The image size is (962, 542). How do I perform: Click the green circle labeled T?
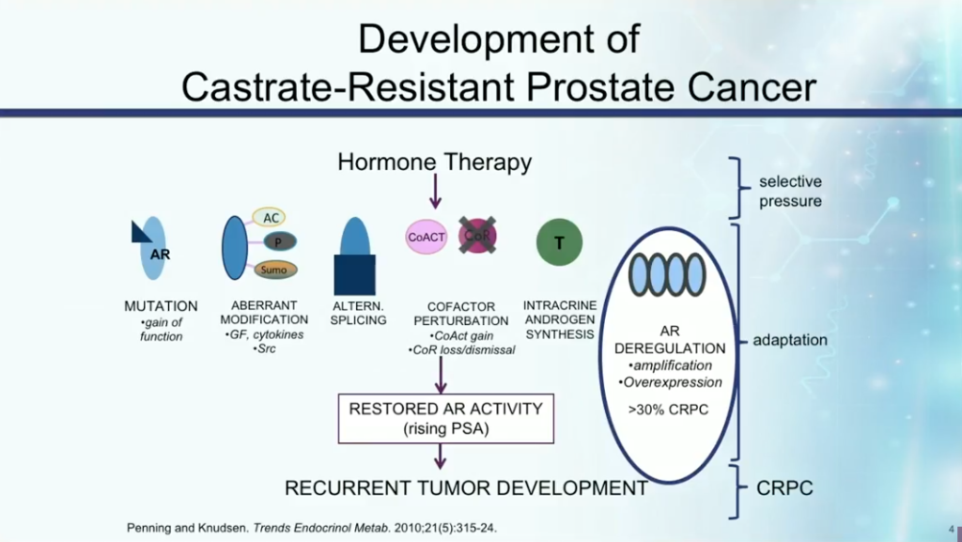tap(559, 242)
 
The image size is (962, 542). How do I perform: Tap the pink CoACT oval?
tap(426, 238)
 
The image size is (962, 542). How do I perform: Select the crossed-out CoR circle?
tap(477, 236)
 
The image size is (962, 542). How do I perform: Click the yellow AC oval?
tap(272, 218)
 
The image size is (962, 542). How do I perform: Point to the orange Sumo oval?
tap(274, 270)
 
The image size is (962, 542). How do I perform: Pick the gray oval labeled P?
tap(278, 242)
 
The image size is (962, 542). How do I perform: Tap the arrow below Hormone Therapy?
tap(434, 192)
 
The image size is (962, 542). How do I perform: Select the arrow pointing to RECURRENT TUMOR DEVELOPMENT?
tap(440, 457)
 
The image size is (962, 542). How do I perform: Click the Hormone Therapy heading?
tap(434, 163)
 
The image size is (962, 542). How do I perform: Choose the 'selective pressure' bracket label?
tap(790, 191)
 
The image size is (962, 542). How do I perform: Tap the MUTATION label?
tap(161, 306)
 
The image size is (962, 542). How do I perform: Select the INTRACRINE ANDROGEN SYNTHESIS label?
tap(560, 319)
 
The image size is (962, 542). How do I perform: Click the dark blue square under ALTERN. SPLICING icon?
tap(354, 274)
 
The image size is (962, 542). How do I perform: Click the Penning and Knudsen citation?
tap(310, 528)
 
